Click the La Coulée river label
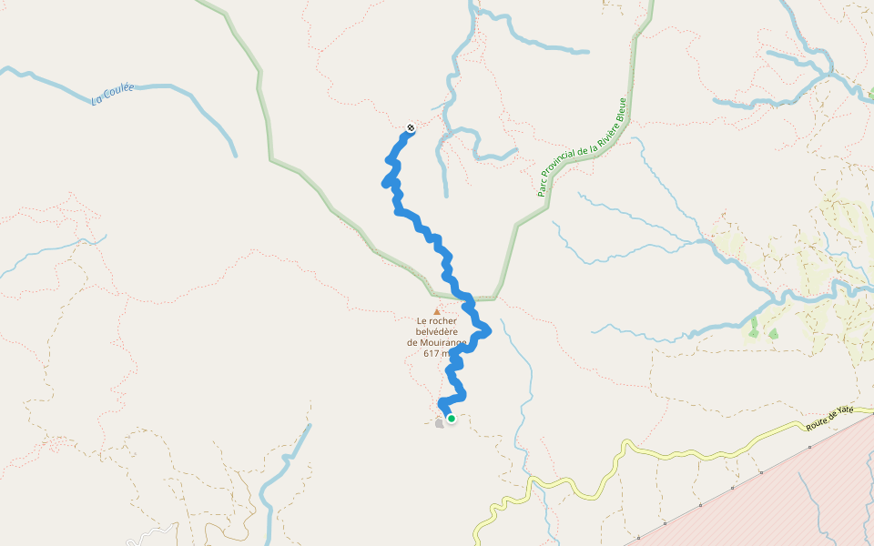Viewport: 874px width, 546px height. [113, 94]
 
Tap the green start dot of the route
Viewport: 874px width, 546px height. [451, 419]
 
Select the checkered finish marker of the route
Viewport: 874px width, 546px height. [411, 126]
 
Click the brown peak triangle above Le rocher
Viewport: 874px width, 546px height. [437, 311]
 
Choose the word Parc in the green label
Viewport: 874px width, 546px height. [542, 187]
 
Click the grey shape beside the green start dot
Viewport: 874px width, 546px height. [440, 422]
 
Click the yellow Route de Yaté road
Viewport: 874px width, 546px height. [692, 452]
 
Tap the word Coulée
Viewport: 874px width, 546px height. [120, 92]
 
